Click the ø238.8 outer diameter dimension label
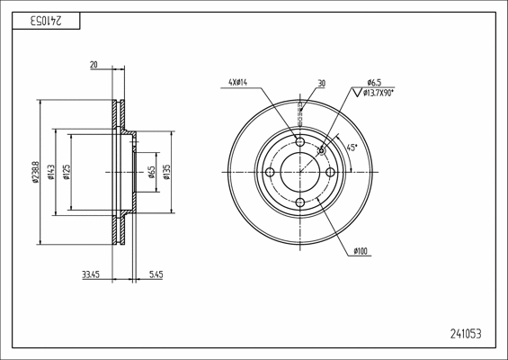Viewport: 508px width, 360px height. (x=36, y=172)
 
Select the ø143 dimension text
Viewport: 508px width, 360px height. (x=51, y=172)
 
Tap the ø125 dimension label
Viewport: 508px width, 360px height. (x=67, y=172)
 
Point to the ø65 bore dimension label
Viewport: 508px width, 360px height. (x=152, y=172)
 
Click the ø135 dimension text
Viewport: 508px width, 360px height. (x=167, y=172)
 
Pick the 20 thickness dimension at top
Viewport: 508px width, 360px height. (x=94, y=65)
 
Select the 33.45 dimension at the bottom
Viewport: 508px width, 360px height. (x=91, y=275)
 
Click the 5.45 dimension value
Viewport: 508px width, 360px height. (x=156, y=275)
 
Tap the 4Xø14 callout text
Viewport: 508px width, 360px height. (x=238, y=83)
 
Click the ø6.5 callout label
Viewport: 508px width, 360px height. (x=374, y=83)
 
